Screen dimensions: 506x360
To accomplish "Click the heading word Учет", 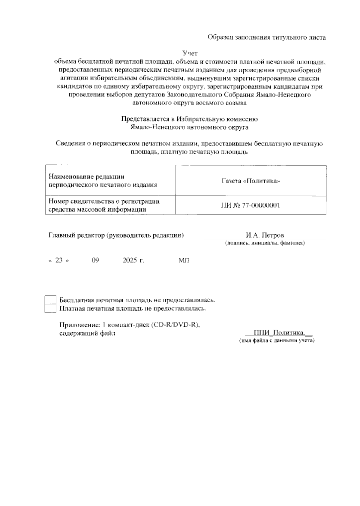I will [x=190, y=53].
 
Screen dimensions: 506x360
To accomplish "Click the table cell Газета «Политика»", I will [x=250, y=181].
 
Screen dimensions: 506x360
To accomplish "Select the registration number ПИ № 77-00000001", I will [x=250, y=205].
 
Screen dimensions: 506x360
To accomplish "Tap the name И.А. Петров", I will [x=265, y=235].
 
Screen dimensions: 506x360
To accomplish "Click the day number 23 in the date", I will [x=59, y=260].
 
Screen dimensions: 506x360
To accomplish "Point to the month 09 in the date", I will [x=95, y=260].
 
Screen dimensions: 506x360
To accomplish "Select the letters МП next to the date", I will [x=184, y=260].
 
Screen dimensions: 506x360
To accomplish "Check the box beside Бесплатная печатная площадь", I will [x=50, y=300].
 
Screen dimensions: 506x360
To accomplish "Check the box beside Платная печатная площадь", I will [x=50, y=308].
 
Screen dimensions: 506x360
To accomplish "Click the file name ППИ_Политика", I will [x=279, y=333].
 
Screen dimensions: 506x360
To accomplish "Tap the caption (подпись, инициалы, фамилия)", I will [x=265, y=243].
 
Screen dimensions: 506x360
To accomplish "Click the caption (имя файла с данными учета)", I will [x=276, y=341].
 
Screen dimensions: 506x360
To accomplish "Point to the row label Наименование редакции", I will [x=86, y=177].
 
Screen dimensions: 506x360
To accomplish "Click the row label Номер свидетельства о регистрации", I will [x=104, y=201].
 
